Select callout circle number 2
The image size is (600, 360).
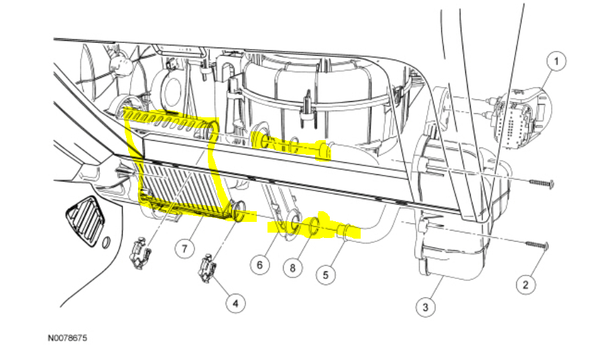coord(525,285)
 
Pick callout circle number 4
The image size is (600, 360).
coord(235,304)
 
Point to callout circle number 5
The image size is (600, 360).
coord(325,274)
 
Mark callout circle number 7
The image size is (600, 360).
coord(185,247)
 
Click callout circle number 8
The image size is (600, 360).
coord(292,268)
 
